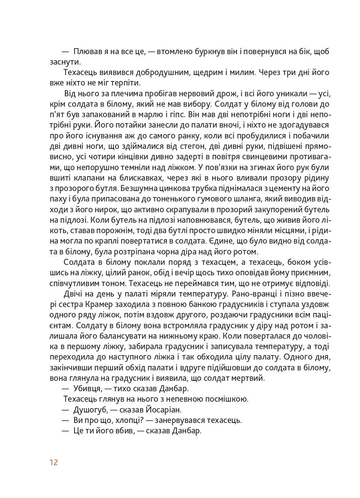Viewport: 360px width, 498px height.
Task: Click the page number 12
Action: point(54,462)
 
